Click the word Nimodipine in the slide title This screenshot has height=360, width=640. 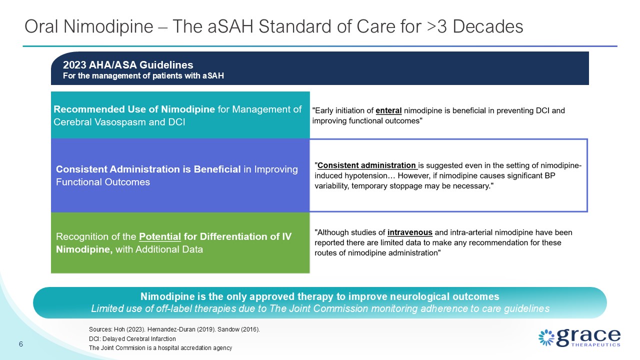(x=108, y=26)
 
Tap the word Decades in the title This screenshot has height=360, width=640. (x=488, y=26)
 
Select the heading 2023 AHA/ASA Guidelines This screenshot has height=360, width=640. (x=128, y=65)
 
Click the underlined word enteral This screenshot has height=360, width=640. (x=388, y=110)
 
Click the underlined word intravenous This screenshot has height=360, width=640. (x=409, y=232)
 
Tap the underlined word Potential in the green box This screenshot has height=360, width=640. (x=160, y=236)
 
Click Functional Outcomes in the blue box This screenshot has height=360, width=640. (x=103, y=182)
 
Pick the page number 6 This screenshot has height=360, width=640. (x=21, y=344)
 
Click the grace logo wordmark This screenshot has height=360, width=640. (x=588, y=337)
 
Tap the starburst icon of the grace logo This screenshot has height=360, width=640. (x=546, y=337)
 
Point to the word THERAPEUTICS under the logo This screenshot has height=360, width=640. (x=595, y=345)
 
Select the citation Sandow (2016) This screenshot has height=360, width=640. (x=238, y=329)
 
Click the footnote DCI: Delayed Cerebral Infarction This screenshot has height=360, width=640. (x=132, y=339)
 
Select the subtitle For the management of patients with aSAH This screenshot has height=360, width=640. (x=143, y=75)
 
